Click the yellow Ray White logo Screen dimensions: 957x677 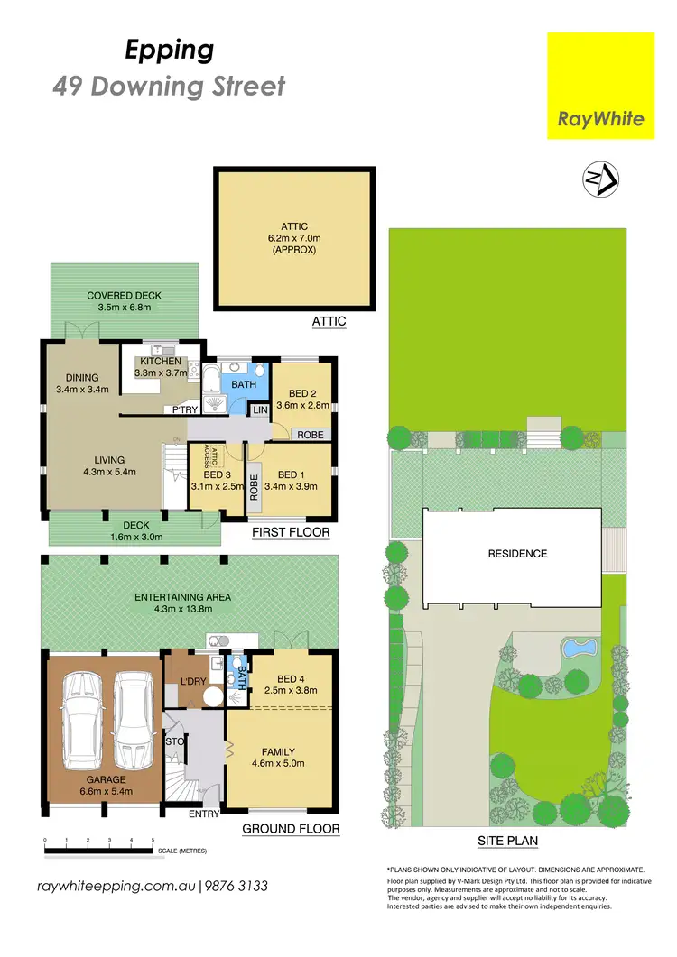tap(601, 86)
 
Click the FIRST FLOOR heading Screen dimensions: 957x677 tap(291, 533)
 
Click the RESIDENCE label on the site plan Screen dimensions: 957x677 tap(517, 554)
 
